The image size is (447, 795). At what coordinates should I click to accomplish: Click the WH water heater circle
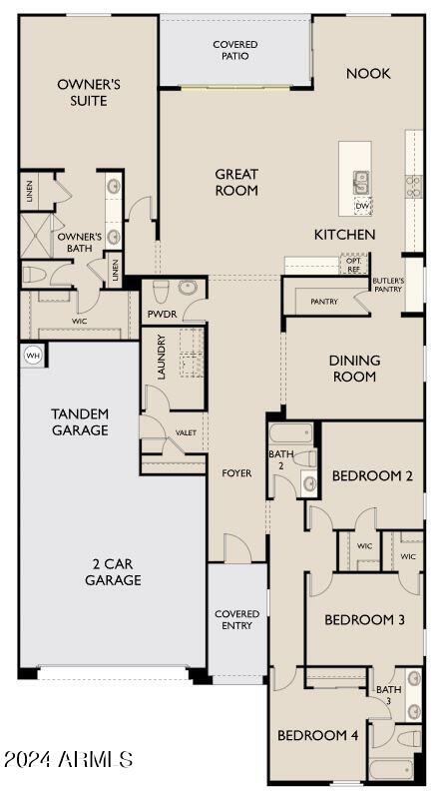point(33,355)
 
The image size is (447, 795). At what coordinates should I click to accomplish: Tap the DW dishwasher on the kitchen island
point(362,206)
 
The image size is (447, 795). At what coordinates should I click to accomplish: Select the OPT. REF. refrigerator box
point(354,264)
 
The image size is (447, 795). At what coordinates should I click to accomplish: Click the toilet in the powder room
point(161,291)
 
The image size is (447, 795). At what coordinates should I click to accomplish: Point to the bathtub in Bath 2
point(290,433)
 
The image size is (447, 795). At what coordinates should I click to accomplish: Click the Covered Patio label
point(235,50)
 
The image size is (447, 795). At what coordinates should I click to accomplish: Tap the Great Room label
point(236,182)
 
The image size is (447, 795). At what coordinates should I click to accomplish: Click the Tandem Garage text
point(80,421)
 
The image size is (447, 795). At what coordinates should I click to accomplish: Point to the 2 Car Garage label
point(113,572)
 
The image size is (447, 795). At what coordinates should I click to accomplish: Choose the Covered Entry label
point(236,619)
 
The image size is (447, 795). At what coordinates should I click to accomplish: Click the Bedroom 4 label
point(318,735)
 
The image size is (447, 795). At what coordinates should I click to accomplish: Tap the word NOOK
point(368,74)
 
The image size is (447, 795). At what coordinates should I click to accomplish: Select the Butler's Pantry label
point(387,285)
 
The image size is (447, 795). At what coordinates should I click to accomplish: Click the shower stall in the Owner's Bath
point(36,236)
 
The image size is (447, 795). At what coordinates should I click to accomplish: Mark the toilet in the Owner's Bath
point(35,275)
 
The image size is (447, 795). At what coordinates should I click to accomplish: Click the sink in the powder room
point(188,288)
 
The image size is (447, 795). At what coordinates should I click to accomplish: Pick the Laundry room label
point(162,357)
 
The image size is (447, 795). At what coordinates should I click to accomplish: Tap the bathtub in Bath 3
point(391,769)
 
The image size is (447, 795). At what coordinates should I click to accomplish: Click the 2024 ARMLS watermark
point(69,759)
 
